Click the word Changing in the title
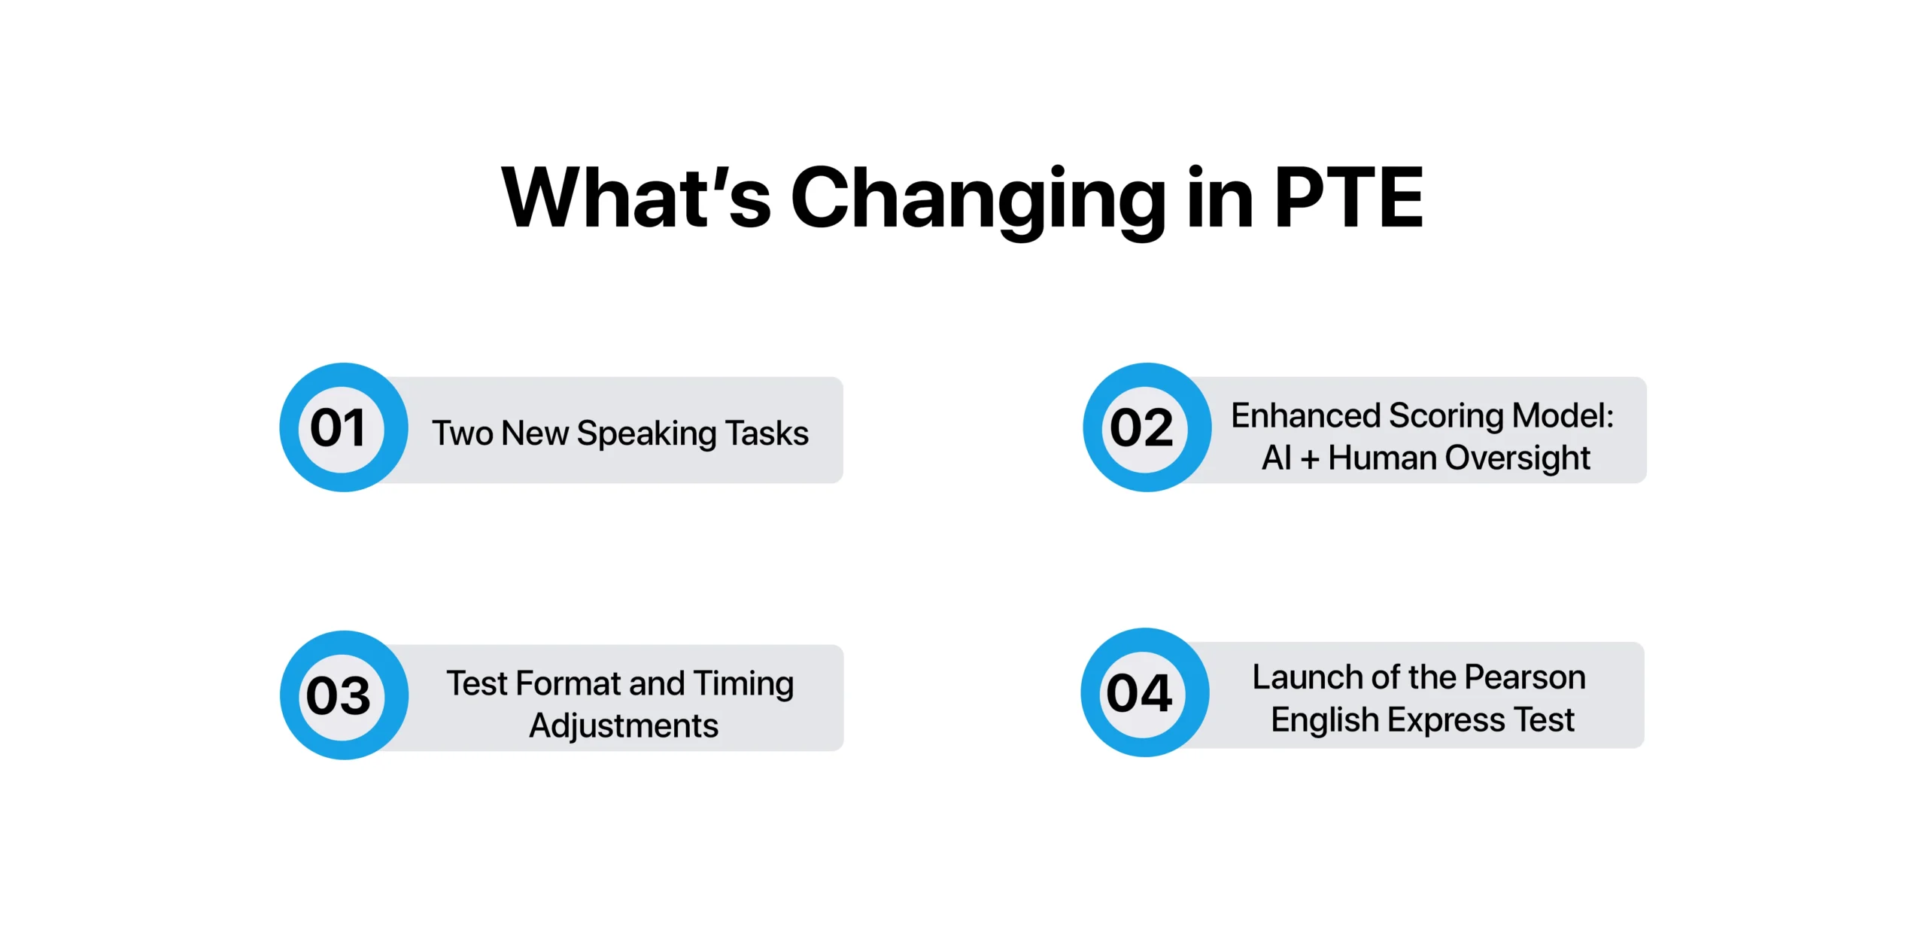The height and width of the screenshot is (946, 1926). [x=977, y=198]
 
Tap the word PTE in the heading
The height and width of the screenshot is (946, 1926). [x=1348, y=198]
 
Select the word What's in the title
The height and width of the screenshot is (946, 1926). [x=636, y=198]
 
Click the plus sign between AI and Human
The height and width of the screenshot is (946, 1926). [x=1310, y=458]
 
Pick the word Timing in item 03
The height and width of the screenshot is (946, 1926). [x=743, y=684]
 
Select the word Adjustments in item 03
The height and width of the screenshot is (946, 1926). [x=624, y=726]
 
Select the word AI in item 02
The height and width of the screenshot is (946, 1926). [x=1276, y=458]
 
